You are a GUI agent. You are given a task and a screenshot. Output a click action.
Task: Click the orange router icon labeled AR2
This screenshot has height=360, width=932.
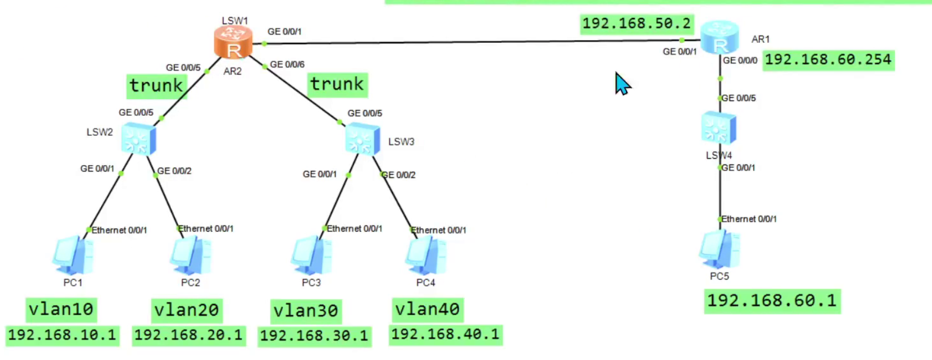[233, 42]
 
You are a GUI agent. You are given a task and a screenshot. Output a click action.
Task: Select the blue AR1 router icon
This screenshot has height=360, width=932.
[719, 37]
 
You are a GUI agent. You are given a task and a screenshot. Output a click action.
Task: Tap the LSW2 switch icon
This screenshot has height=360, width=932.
[139, 139]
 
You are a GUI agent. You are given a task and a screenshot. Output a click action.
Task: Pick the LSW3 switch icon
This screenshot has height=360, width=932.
[362, 139]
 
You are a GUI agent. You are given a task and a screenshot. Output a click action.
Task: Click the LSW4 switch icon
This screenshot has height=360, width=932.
[718, 128]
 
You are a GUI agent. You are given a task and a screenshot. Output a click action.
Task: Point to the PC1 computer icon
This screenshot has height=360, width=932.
[73, 256]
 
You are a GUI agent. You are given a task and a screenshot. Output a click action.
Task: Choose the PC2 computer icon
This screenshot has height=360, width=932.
[191, 256]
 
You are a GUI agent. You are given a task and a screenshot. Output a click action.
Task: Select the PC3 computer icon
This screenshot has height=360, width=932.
[311, 256]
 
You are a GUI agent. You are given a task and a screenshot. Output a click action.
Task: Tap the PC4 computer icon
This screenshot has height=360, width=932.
[426, 256]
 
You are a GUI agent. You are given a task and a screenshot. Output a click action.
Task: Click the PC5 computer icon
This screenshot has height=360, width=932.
[719, 250]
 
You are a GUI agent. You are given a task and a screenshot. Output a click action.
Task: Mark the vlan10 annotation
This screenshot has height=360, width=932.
[62, 309]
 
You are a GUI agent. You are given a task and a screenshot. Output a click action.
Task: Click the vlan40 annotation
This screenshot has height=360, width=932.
[428, 309]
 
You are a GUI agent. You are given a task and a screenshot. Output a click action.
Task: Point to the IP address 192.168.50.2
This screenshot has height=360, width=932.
[636, 24]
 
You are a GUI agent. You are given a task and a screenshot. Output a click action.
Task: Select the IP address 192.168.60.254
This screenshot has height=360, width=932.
[828, 60]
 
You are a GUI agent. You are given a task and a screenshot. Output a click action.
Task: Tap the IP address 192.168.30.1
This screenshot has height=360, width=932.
[314, 336]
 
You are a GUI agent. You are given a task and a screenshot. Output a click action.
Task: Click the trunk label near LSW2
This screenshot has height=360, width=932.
[156, 86]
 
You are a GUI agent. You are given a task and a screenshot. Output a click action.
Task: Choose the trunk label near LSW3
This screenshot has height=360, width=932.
[337, 84]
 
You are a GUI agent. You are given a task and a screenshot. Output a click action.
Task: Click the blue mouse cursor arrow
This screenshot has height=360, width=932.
[622, 84]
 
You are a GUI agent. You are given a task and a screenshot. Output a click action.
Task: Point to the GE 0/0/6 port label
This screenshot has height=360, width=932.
[287, 64]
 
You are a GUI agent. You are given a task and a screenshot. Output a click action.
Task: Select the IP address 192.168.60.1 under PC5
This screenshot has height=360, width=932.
[772, 300]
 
